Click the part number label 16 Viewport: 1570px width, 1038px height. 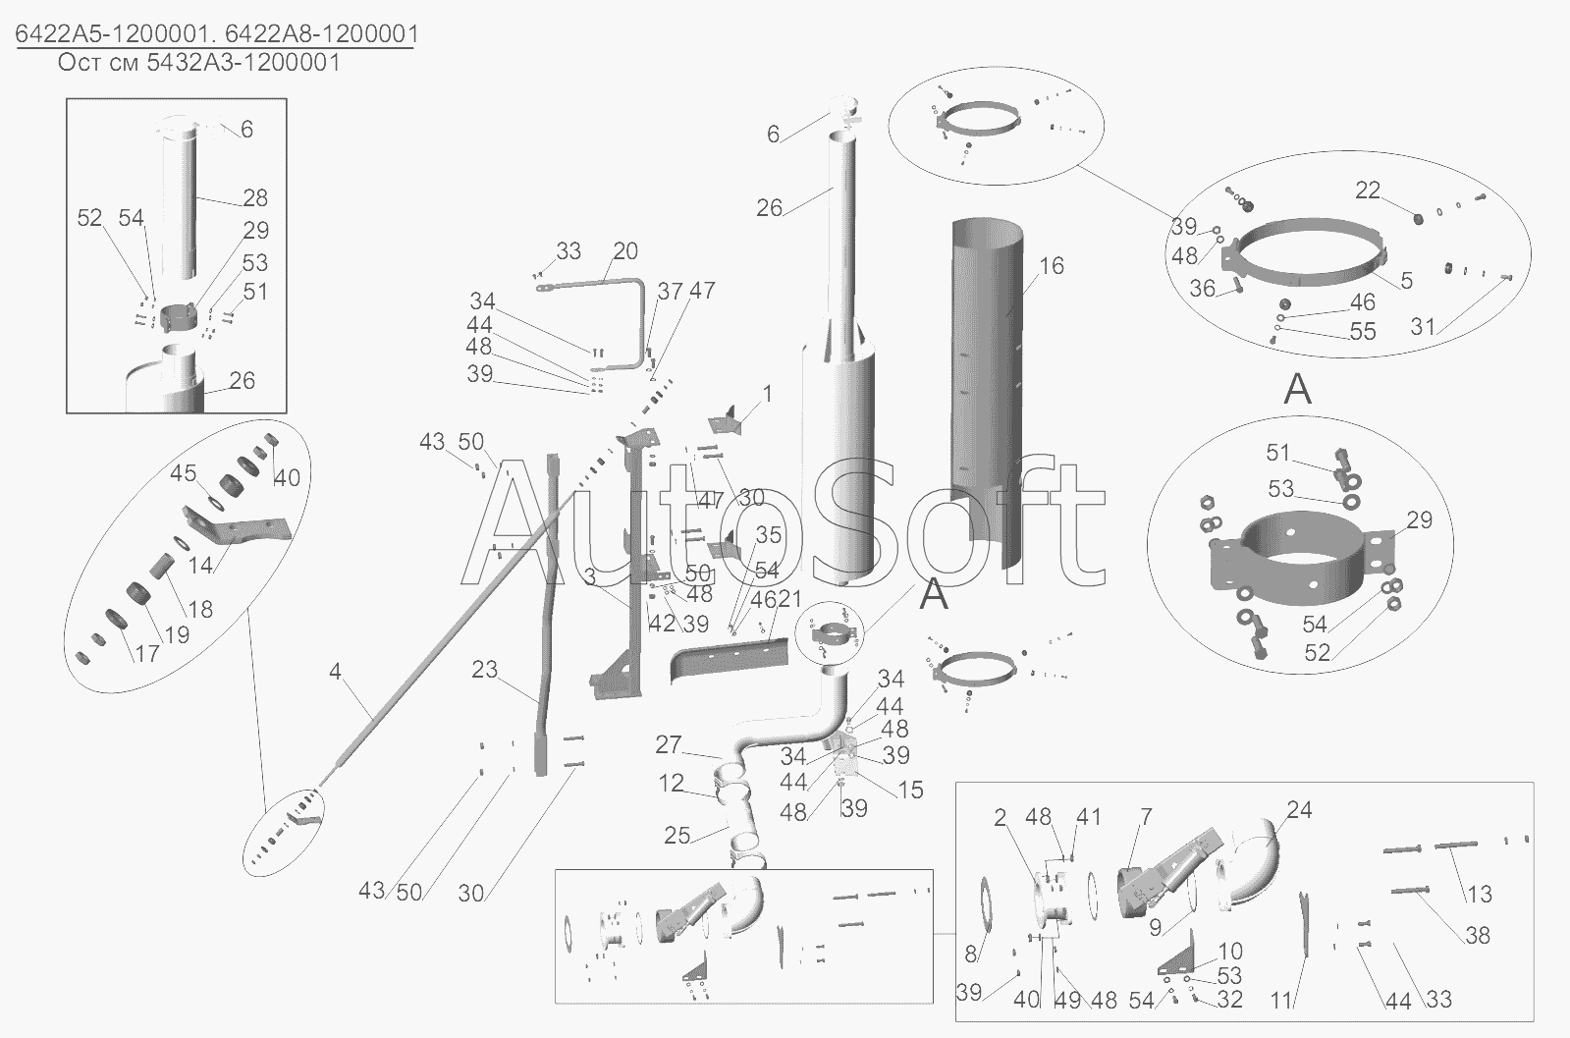1052,265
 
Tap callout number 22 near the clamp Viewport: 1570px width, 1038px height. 1368,190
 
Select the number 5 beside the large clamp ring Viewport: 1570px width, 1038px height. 1407,280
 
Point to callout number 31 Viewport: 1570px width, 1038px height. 1423,327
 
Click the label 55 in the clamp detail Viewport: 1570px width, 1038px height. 1363,332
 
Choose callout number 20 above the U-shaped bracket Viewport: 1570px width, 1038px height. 625,251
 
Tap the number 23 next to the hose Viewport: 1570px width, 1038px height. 484,670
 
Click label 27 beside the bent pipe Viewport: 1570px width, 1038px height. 668,744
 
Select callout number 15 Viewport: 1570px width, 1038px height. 910,790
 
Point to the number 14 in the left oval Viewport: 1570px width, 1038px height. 200,565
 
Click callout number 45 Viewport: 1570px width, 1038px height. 183,473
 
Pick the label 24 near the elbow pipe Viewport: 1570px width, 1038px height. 1299,810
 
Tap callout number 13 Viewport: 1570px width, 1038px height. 1480,895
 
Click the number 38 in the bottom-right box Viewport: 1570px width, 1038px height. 1478,935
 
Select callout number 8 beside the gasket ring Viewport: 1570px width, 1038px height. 970,954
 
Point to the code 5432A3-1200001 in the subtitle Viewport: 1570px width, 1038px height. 244,63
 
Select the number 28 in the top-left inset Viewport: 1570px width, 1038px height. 255,197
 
